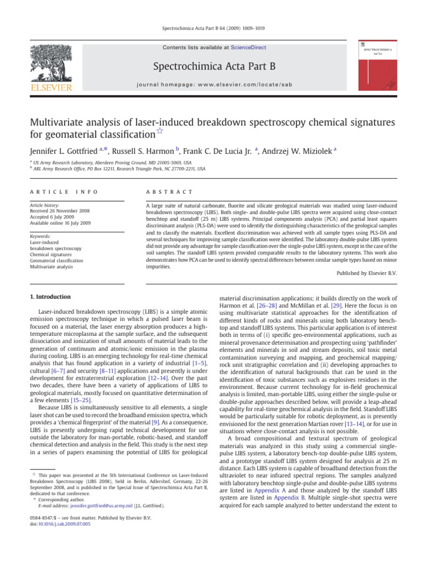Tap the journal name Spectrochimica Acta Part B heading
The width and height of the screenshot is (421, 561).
point(214,66)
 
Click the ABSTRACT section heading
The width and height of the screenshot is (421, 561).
point(167,192)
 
